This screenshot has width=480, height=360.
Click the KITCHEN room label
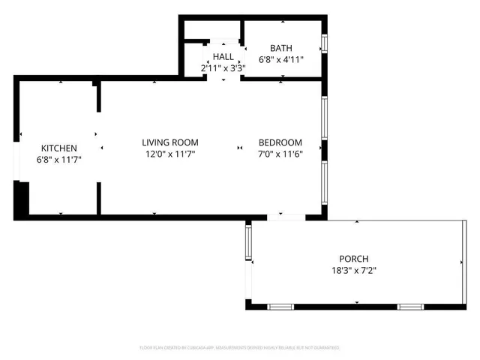58,148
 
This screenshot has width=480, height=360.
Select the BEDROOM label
280,142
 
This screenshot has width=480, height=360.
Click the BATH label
281,49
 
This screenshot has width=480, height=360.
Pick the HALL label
223,56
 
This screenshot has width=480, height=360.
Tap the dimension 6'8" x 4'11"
281,60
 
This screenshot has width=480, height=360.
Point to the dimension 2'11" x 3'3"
223,67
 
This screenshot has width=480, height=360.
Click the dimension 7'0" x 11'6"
280,154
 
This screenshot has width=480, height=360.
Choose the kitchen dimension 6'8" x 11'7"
58,159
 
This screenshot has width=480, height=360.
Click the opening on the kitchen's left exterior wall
16,161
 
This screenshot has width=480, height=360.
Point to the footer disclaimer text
240,348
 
